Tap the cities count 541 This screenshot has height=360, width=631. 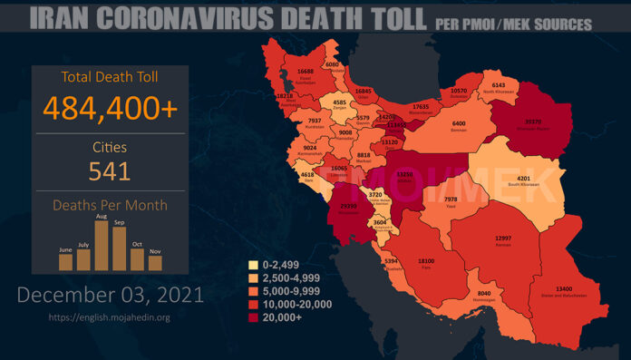(x=109, y=170)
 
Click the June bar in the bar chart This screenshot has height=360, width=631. (x=65, y=262)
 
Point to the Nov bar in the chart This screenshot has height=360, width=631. (x=155, y=263)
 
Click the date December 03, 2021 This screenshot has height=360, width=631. (x=110, y=295)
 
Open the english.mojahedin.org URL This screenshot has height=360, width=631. (x=109, y=317)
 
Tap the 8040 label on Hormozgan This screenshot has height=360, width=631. (x=484, y=294)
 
